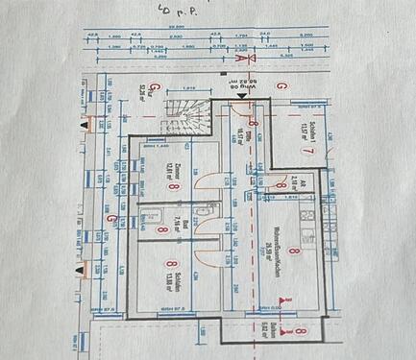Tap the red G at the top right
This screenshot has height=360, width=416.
(281, 86)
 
